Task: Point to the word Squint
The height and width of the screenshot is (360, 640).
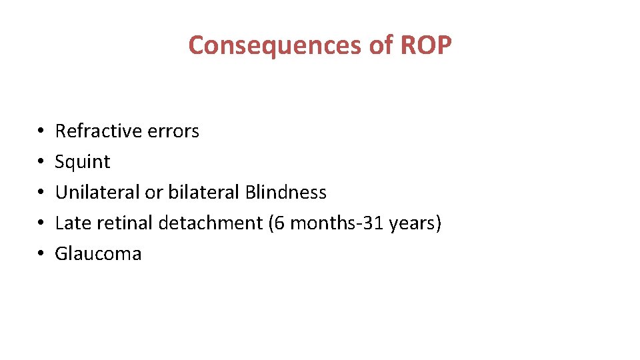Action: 83,161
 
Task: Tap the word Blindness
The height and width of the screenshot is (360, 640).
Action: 286,192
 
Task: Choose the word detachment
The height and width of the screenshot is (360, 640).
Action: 211,223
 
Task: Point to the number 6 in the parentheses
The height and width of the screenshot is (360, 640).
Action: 279,223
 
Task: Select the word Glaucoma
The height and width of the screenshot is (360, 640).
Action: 98,253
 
